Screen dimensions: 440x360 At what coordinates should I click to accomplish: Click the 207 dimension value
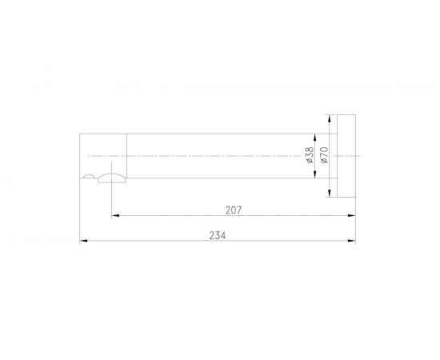pyautogui.click(x=233, y=210)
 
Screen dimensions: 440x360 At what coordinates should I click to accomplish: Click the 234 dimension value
pyautogui.click(x=217, y=235)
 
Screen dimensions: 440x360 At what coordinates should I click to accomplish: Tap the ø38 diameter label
pyautogui.click(x=310, y=155)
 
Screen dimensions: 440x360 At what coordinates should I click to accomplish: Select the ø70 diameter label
pyautogui.click(x=324, y=155)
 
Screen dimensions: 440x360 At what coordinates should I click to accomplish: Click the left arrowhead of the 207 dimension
pyautogui.click(x=115, y=215)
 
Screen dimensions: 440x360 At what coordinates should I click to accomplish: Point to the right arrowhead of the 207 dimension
pyautogui.click(x=352, y=215)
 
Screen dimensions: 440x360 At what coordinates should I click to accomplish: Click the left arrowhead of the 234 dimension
pyautogui.click(x=84, y=241)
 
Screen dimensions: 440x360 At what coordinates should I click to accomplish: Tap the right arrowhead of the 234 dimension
pyautogui.click(x=352, y=241)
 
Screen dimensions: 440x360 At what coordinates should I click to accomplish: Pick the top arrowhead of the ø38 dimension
pyautogui.click(x=315, y=138)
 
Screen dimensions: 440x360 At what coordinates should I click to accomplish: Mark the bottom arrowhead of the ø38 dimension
pyautogui.click(x=315, y=174)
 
